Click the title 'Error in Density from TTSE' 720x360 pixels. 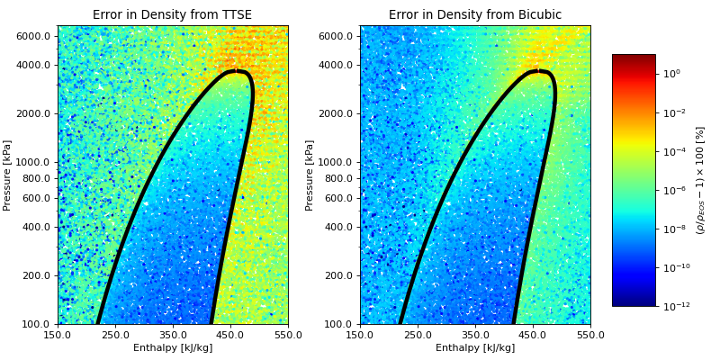[172, 14]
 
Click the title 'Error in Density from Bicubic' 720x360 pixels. [474, 14]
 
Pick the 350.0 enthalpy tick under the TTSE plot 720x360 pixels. [173, 335]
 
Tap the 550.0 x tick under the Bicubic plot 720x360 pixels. [589, 335]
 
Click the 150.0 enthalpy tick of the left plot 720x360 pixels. [58, 335]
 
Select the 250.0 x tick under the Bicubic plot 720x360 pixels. [418, 335]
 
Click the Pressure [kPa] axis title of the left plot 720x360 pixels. [8, 175]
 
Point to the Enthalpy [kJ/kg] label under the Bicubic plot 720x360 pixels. [474, 348]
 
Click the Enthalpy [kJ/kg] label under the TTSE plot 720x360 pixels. [172, 348]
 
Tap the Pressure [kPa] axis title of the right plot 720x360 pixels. [310, 175]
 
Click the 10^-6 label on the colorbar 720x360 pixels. [674, 190]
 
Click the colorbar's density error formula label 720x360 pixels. [700, 180]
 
